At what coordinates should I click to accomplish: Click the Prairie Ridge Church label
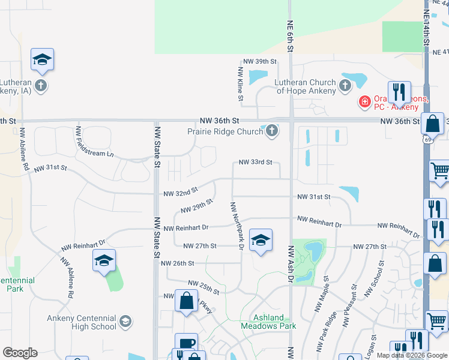(x=225, y=131)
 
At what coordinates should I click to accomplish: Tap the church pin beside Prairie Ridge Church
(x=272, y=131)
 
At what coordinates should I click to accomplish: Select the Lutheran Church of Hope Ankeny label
(x=306, y=86)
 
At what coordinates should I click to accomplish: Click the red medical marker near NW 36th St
(x=364, y=102)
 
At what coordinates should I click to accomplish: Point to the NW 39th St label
(x=259, y=62)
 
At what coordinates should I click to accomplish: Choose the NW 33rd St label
(x=256, y=162)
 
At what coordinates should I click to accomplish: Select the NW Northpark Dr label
(x=236, y=226)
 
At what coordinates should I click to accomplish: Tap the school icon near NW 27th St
(x=260, y=240)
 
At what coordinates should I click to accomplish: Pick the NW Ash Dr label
(x=291, y=263)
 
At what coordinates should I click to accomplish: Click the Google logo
(x=20, y=353)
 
